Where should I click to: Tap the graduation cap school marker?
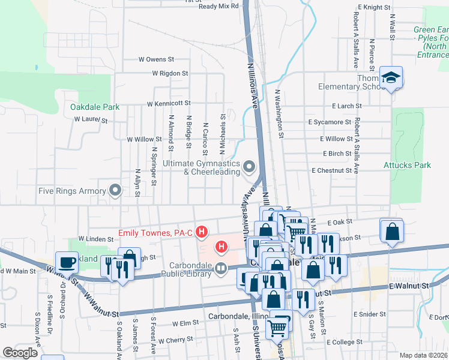pos(391,77)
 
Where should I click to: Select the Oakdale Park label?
pos(94,107)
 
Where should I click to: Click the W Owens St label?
pos(155,59)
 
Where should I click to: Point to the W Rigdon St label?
pos(170,73)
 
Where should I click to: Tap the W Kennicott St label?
pos(170,103)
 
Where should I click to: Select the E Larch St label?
pos(347,106)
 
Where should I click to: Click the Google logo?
pos(20,353)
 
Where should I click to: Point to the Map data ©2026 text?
pos(424,355)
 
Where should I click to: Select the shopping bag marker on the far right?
pos(391,230)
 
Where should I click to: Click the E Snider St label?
pos(369,314)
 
